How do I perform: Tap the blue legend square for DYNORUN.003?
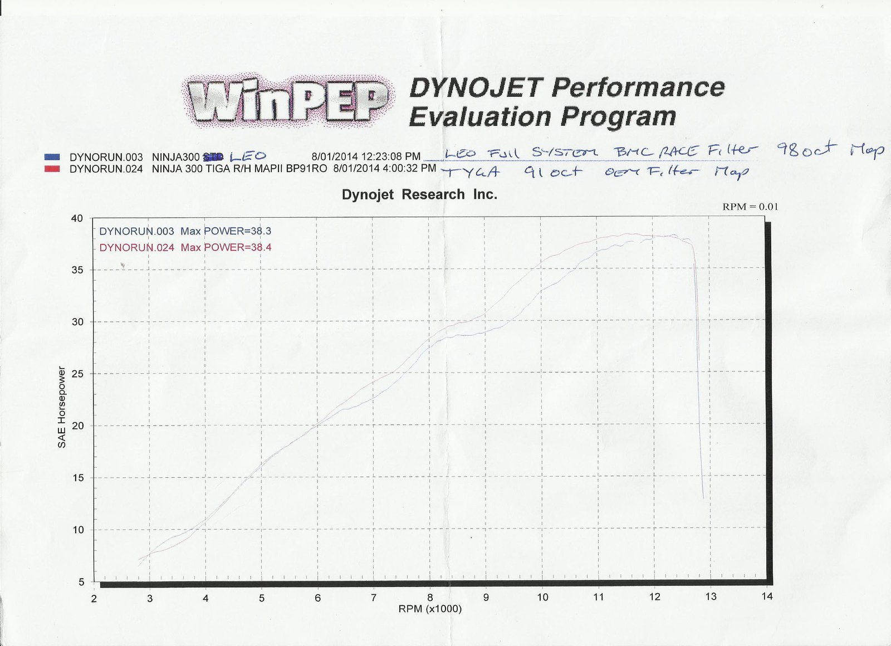click(52, 157)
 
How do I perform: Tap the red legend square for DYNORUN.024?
click(52, 169)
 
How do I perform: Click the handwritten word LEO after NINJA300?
click(247, 156)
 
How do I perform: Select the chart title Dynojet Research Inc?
click(419, 194)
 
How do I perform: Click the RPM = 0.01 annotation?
click(750, 207)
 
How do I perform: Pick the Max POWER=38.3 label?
click(226, 231)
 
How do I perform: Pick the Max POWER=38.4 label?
click(226, 247)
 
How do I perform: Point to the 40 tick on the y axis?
click(77, 218)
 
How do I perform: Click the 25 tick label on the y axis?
click(77, 374)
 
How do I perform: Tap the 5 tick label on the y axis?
click(81, 582)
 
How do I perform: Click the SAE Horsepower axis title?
click(62, 407)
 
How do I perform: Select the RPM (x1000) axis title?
click(430, 609)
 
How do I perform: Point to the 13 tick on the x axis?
click(711, 597)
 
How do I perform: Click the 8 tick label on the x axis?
click(430, 598)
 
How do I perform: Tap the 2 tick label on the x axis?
click(94, 599)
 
